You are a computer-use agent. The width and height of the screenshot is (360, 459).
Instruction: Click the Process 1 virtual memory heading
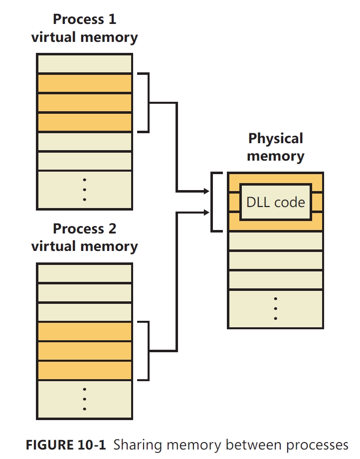84,28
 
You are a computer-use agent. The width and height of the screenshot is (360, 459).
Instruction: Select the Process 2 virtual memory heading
84,237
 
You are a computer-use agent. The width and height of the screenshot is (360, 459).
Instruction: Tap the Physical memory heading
275,147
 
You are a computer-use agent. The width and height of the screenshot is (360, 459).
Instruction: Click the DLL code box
275,202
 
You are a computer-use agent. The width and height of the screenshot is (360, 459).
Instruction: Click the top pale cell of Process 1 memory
84,64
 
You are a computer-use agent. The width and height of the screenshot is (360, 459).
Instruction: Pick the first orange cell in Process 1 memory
84,83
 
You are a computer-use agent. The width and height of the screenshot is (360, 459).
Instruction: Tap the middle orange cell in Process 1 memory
84,103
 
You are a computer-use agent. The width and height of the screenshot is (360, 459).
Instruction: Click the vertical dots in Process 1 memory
84,190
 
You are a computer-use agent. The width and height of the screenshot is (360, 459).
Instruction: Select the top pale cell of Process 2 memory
84,273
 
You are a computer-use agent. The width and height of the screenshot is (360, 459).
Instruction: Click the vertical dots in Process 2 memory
84,399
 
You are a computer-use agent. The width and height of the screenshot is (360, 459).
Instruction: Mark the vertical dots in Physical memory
275,309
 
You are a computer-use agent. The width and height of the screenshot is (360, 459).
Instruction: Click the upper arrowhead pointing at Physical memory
206,191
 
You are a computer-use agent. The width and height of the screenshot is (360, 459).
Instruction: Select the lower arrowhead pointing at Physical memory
206,213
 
